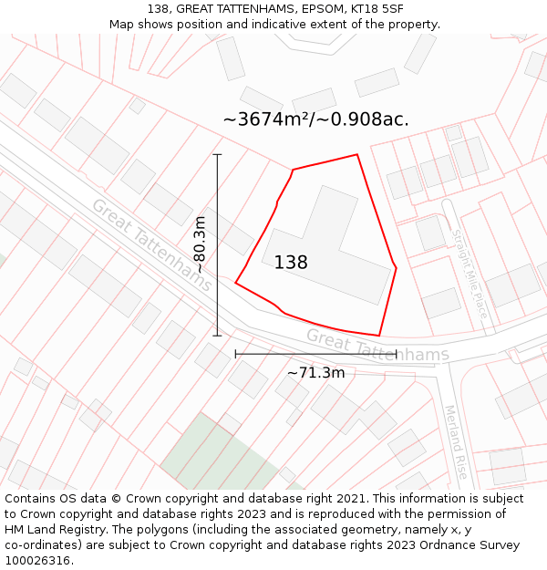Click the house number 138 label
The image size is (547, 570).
click(291, 263)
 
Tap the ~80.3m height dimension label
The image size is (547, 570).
click(199, 244)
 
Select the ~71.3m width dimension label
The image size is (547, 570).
click(315, 372)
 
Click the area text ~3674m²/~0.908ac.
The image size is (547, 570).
click(315, 119)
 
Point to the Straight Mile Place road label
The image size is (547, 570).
click(470, 273)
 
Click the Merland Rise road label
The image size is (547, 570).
click(456, 442)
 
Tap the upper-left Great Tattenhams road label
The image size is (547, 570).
click(151, 244)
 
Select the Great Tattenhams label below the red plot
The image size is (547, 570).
click(377, 346)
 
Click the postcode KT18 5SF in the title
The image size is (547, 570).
click(376, 9)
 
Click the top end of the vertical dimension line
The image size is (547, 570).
click(217, 154)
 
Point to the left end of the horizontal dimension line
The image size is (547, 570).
click(235, 354)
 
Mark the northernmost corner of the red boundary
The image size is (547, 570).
click(356, 154)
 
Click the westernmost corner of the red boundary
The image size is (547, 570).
click(235, 283)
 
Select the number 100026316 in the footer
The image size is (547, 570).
click(37, 561)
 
